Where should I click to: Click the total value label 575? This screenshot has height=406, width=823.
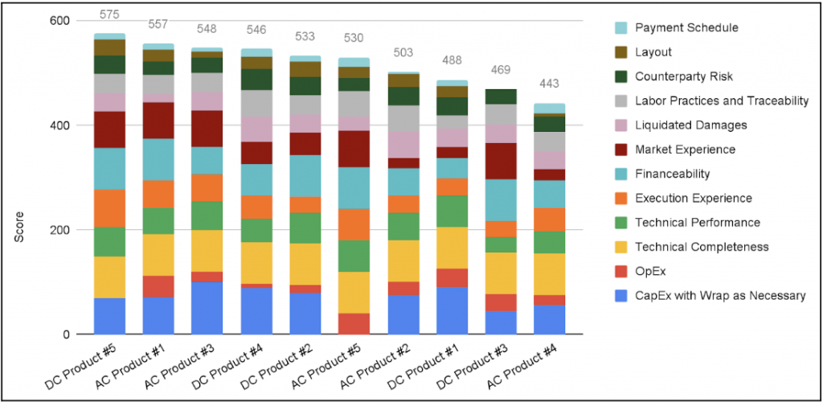[109, 14]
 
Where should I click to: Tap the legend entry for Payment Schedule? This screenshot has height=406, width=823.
[686, 28]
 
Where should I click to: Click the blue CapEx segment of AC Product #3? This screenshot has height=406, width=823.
[207, 307]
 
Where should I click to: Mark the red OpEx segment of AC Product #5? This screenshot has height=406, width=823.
[354, 323]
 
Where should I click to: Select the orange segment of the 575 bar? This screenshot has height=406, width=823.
[109, 208]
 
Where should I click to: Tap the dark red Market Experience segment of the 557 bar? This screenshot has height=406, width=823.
[158, 121]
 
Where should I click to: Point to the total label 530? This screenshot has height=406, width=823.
[354, 38]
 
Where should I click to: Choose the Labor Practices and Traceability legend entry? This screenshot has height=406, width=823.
[721, 101]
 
